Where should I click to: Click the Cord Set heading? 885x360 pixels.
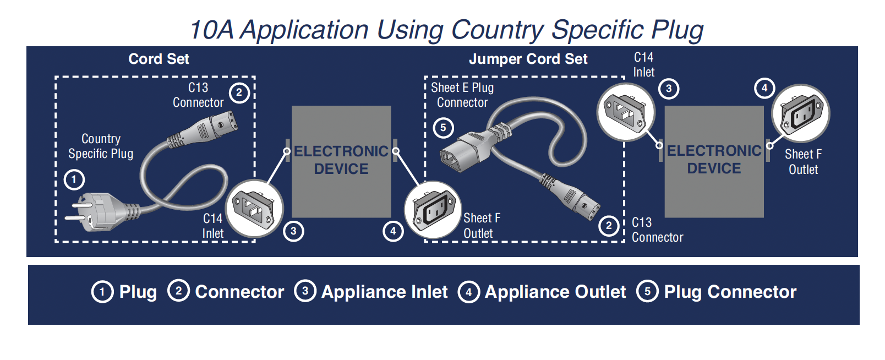tap(159, 59)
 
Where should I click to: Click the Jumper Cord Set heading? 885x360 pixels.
tap(528, 59)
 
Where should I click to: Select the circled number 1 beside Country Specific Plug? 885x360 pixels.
tap(74, 179)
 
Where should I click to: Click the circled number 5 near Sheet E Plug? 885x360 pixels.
tap(443, 128)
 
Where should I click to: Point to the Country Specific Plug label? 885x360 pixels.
tap(101, 146)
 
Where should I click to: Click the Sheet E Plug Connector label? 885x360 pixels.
tap(462, 95)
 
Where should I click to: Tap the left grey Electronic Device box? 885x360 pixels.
tap(341, 161)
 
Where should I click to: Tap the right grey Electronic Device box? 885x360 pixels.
tap(714, 161)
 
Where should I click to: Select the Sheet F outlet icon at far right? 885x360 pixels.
tap(801, 113)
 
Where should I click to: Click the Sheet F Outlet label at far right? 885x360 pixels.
tap(803, 162)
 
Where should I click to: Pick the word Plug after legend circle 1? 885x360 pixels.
tap(138, 292)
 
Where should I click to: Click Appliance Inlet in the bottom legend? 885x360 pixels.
tap(384, 292)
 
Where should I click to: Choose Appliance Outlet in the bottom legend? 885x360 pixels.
tap(555, 292)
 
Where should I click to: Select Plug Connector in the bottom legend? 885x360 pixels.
tap(730, 292)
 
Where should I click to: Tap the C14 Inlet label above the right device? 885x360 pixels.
tap(643, 65)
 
